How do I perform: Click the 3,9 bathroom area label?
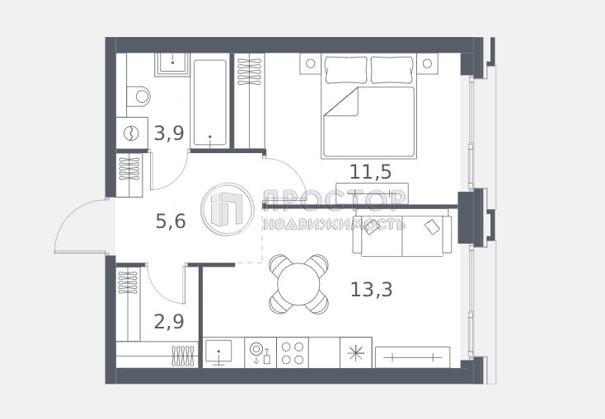pyautogui.click(x=169, y=133)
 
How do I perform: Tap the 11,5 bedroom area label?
pyautogui.click(x=370, y=171)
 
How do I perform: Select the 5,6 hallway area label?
pyautogui.click(x=171, y=221)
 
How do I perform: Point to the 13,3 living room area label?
pyautogui.click(x=371, y=289)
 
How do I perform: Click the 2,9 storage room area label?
pyautogui.click(x=169, y=322)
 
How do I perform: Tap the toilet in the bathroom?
pyautogui.click(x=138, y=96)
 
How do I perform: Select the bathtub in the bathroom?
pyautogui.click(x=210, y=103)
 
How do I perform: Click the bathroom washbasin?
pyautogui.click(x=172, y=63)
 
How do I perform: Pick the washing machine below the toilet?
pyautogui.click(x=132, y=133)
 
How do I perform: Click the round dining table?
pyautogui.click(x=298, y=284)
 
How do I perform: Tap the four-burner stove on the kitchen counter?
pyautogui.click(x=293, y=352)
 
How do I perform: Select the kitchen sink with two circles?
pyautogui.click(x=260, y=352)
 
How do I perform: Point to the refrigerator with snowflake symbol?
pyautogui.click(x=356, y=352)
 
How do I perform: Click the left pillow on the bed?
pyautogui.click(x=346, y=70)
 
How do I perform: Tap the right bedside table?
pyautogui.click(x=427, y=63)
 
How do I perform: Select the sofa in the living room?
pyautogui.click(x=401, y=233)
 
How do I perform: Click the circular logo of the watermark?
pyautogui.click(x=227, y=209)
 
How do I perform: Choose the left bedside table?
pyautogui.click(x=311, y=63)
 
